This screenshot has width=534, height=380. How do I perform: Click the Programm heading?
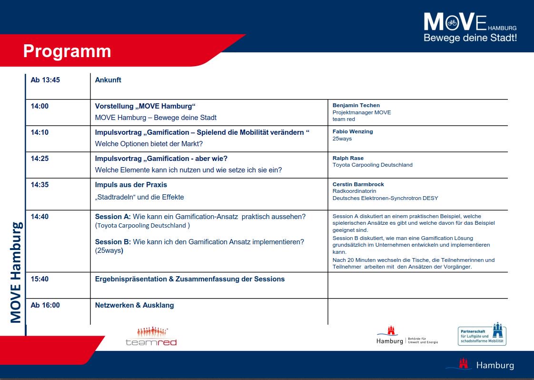(67, 51)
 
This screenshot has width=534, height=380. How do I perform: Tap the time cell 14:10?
(40, 132)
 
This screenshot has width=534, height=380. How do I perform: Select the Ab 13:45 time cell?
(45, 80)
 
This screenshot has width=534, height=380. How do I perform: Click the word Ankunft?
(108, 80)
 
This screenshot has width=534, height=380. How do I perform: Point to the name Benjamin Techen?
(356, 105)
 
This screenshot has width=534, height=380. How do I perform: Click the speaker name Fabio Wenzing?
(353, 131)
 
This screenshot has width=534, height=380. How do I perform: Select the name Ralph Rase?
(348, 158)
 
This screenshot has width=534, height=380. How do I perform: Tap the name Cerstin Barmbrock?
(358, 184)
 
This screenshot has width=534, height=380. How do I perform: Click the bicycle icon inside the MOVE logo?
(452, 22)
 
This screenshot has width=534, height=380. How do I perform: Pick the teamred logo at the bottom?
(151, 337)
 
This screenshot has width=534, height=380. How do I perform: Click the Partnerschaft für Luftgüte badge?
(482, 334)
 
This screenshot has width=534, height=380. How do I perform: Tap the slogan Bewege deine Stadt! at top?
(470, 38)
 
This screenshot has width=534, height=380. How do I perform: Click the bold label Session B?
(113, 242)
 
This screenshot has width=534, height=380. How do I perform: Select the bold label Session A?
(113, 217)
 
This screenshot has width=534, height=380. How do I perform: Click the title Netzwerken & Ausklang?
(135, 305)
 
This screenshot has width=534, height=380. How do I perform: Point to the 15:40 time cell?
(40, 279)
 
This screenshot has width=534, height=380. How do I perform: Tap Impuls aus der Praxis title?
(131, 185)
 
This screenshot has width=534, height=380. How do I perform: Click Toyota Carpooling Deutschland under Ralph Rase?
(372, 165)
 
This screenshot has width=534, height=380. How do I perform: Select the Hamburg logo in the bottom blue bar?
(480, 365)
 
